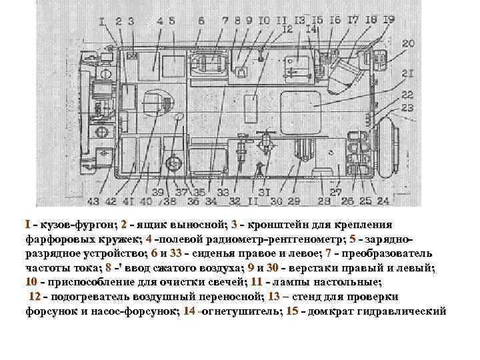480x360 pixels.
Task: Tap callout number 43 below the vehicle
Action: [x=93, y=201]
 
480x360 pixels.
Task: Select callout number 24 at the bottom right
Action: [x=383, y=201]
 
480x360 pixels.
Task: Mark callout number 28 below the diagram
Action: [x=325, y=201]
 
